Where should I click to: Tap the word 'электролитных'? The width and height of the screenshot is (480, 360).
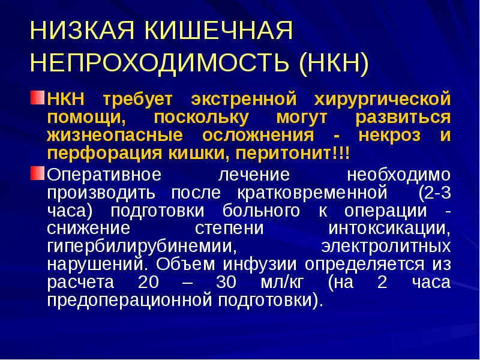click(385, 247)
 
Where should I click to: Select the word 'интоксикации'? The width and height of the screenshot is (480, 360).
click(388, 230)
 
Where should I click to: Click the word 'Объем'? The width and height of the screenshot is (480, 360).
click(182, 265)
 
